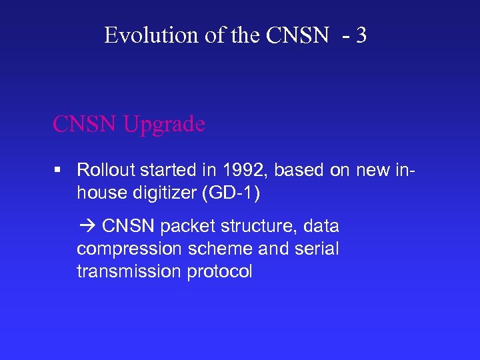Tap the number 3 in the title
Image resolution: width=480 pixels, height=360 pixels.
click(361, 35)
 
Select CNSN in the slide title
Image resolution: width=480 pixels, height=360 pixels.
click(297, 35)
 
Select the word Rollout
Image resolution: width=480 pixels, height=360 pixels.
click(103, 170)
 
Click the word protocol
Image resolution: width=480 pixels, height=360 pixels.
click(219, 271)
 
